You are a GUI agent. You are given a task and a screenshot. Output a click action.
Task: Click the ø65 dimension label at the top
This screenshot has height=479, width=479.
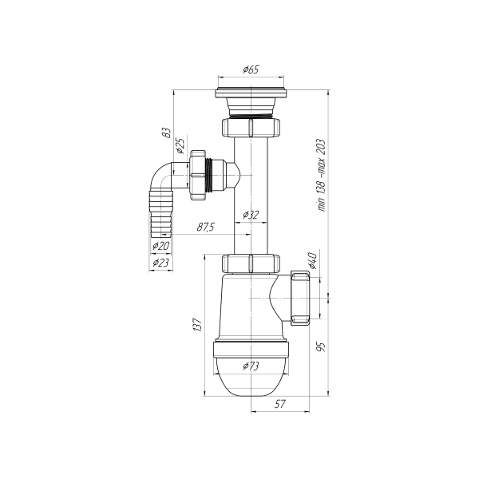click(x=251, y=69)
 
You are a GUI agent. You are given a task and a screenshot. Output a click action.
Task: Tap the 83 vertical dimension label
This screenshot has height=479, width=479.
click(x=166, y=133)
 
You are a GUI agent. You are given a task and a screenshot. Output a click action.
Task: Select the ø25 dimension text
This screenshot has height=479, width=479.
click(x=180, y=145)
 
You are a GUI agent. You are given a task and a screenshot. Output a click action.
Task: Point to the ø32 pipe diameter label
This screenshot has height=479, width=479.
click(x=251, y=215)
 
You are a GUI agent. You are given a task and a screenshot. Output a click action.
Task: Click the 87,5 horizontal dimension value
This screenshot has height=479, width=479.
click(x=206, y=227)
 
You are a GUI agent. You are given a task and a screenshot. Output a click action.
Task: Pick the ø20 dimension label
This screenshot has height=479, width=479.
click(x=161, y=245)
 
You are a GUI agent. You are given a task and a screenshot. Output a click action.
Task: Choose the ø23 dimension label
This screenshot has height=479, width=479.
click(x=160, y=263)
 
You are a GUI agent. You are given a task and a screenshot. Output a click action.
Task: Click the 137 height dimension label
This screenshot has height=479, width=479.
click(x=198, y=324)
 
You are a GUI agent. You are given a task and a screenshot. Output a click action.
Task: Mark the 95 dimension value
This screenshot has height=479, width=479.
click(x=322, y=347)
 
